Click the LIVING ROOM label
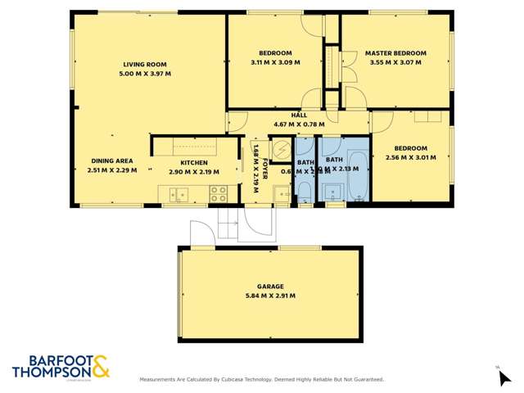145,65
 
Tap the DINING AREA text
112,161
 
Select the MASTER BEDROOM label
397,52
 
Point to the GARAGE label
270,287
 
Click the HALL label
299,115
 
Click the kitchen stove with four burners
219,194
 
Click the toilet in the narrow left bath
303,192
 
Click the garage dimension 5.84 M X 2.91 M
270,296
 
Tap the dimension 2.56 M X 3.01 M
413,158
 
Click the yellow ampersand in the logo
100,366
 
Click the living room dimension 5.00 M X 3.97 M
145,74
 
